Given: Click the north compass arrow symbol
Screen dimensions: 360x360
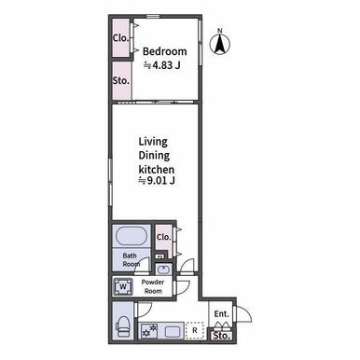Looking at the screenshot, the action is pyautogui.click(x=220, y=44).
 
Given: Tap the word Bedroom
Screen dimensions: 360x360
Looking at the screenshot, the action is pyautogui.click(x=165, y=51).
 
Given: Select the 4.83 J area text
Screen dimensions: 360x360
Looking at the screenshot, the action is pyautogui.click(x=161, y=65).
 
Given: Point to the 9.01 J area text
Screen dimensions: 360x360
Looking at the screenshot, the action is pyautogui.click(x=157, y=180).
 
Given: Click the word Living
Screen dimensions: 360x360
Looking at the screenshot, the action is pyautogui.click(x=153, y=142).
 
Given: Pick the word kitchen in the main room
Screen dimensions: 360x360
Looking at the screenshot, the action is pyautogui.click(x=156, y=170).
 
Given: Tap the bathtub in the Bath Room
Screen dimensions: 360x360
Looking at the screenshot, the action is pyautogui.click(x=131, y=236).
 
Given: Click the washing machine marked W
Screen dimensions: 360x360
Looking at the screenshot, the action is pyautogui.click(x=123, y=286).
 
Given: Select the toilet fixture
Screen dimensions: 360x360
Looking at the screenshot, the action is pyautogui.click(x=123, y=327).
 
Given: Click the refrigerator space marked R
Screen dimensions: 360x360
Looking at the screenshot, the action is pyautogui.click(x=195, y=330).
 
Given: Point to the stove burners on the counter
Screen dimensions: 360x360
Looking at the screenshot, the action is pyautogui.click(x=149, y=330).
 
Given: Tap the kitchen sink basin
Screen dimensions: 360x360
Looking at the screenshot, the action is pyautogui.click(x=172, y=332).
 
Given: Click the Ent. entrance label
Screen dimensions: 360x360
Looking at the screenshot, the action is pyautogui.click(x=222, y=314).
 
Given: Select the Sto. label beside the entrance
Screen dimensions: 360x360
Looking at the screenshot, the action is pyautogui.click(x=222, y=336).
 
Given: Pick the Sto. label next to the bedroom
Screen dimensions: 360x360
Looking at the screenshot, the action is pyautogui.click(x=121, y=81).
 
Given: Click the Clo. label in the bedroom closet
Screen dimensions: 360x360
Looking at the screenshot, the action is pyautogui.click(x=121, y=38).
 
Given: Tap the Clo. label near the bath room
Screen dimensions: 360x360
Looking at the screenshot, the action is pyautogui.click(x=164, y=237).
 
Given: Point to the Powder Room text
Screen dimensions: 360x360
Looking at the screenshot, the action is pyautogui.click(x=153, y=286).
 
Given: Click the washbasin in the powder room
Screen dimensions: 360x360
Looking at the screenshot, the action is pyautogui.click(x=164, y=270).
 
